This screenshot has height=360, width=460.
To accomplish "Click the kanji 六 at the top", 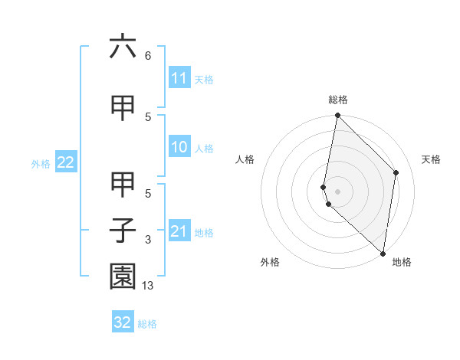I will tap(123, 47).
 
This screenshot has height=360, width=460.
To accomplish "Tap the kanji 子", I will tap(123, 231).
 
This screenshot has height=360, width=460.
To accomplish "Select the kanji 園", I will tap(123, 277).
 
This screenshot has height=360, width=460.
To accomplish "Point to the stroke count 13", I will tap(148, 286).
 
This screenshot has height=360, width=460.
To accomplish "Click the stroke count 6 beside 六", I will tap(148, 56).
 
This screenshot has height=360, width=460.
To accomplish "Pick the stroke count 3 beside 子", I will tap(148, 240).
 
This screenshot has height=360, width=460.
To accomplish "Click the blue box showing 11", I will tap(179, 78).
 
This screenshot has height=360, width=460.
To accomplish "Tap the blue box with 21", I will tap(179, 231).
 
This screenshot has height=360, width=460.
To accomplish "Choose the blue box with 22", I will tap(66, 162).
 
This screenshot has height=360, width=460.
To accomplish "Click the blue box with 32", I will tap(123, 322).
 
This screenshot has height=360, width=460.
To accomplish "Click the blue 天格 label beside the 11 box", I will tap(204, 79).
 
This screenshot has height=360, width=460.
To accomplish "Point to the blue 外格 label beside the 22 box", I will tap(41, 163).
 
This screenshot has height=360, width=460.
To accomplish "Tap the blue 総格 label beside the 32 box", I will tap(147, 323).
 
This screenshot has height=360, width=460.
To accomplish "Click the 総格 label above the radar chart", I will tap(338, 100).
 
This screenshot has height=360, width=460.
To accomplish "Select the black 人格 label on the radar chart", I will tap(245, 159).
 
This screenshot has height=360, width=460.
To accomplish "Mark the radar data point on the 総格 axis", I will tap(337, 116).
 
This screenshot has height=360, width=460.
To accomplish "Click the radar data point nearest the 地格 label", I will tap(383, 253).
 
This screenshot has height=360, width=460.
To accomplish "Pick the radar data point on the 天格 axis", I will tap(396, 172).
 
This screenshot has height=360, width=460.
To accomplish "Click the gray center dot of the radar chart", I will tap(337, 191).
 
